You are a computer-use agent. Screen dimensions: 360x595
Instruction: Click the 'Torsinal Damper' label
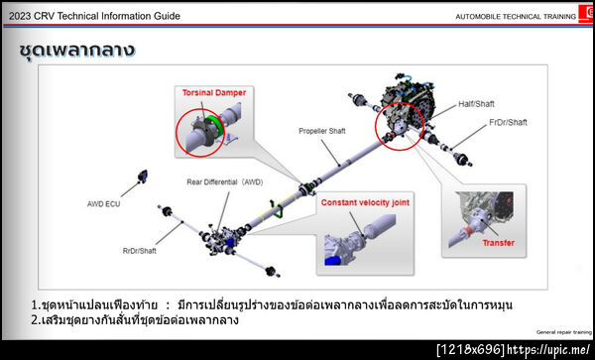tap(213, 92)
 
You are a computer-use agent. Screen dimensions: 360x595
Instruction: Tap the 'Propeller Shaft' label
tap(322, 130)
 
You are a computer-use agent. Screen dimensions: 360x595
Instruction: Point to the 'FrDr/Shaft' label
tap(508, 123)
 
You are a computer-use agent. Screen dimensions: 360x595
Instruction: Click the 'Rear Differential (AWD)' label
tap(225, 182)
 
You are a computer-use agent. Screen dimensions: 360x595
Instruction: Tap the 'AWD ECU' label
tap(103, 205)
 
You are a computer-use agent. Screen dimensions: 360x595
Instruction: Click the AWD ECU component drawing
tap(140, 180)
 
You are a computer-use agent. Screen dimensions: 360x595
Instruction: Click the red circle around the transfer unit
tap(399, 127)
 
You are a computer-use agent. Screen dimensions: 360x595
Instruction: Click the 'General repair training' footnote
tap(563, 332)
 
